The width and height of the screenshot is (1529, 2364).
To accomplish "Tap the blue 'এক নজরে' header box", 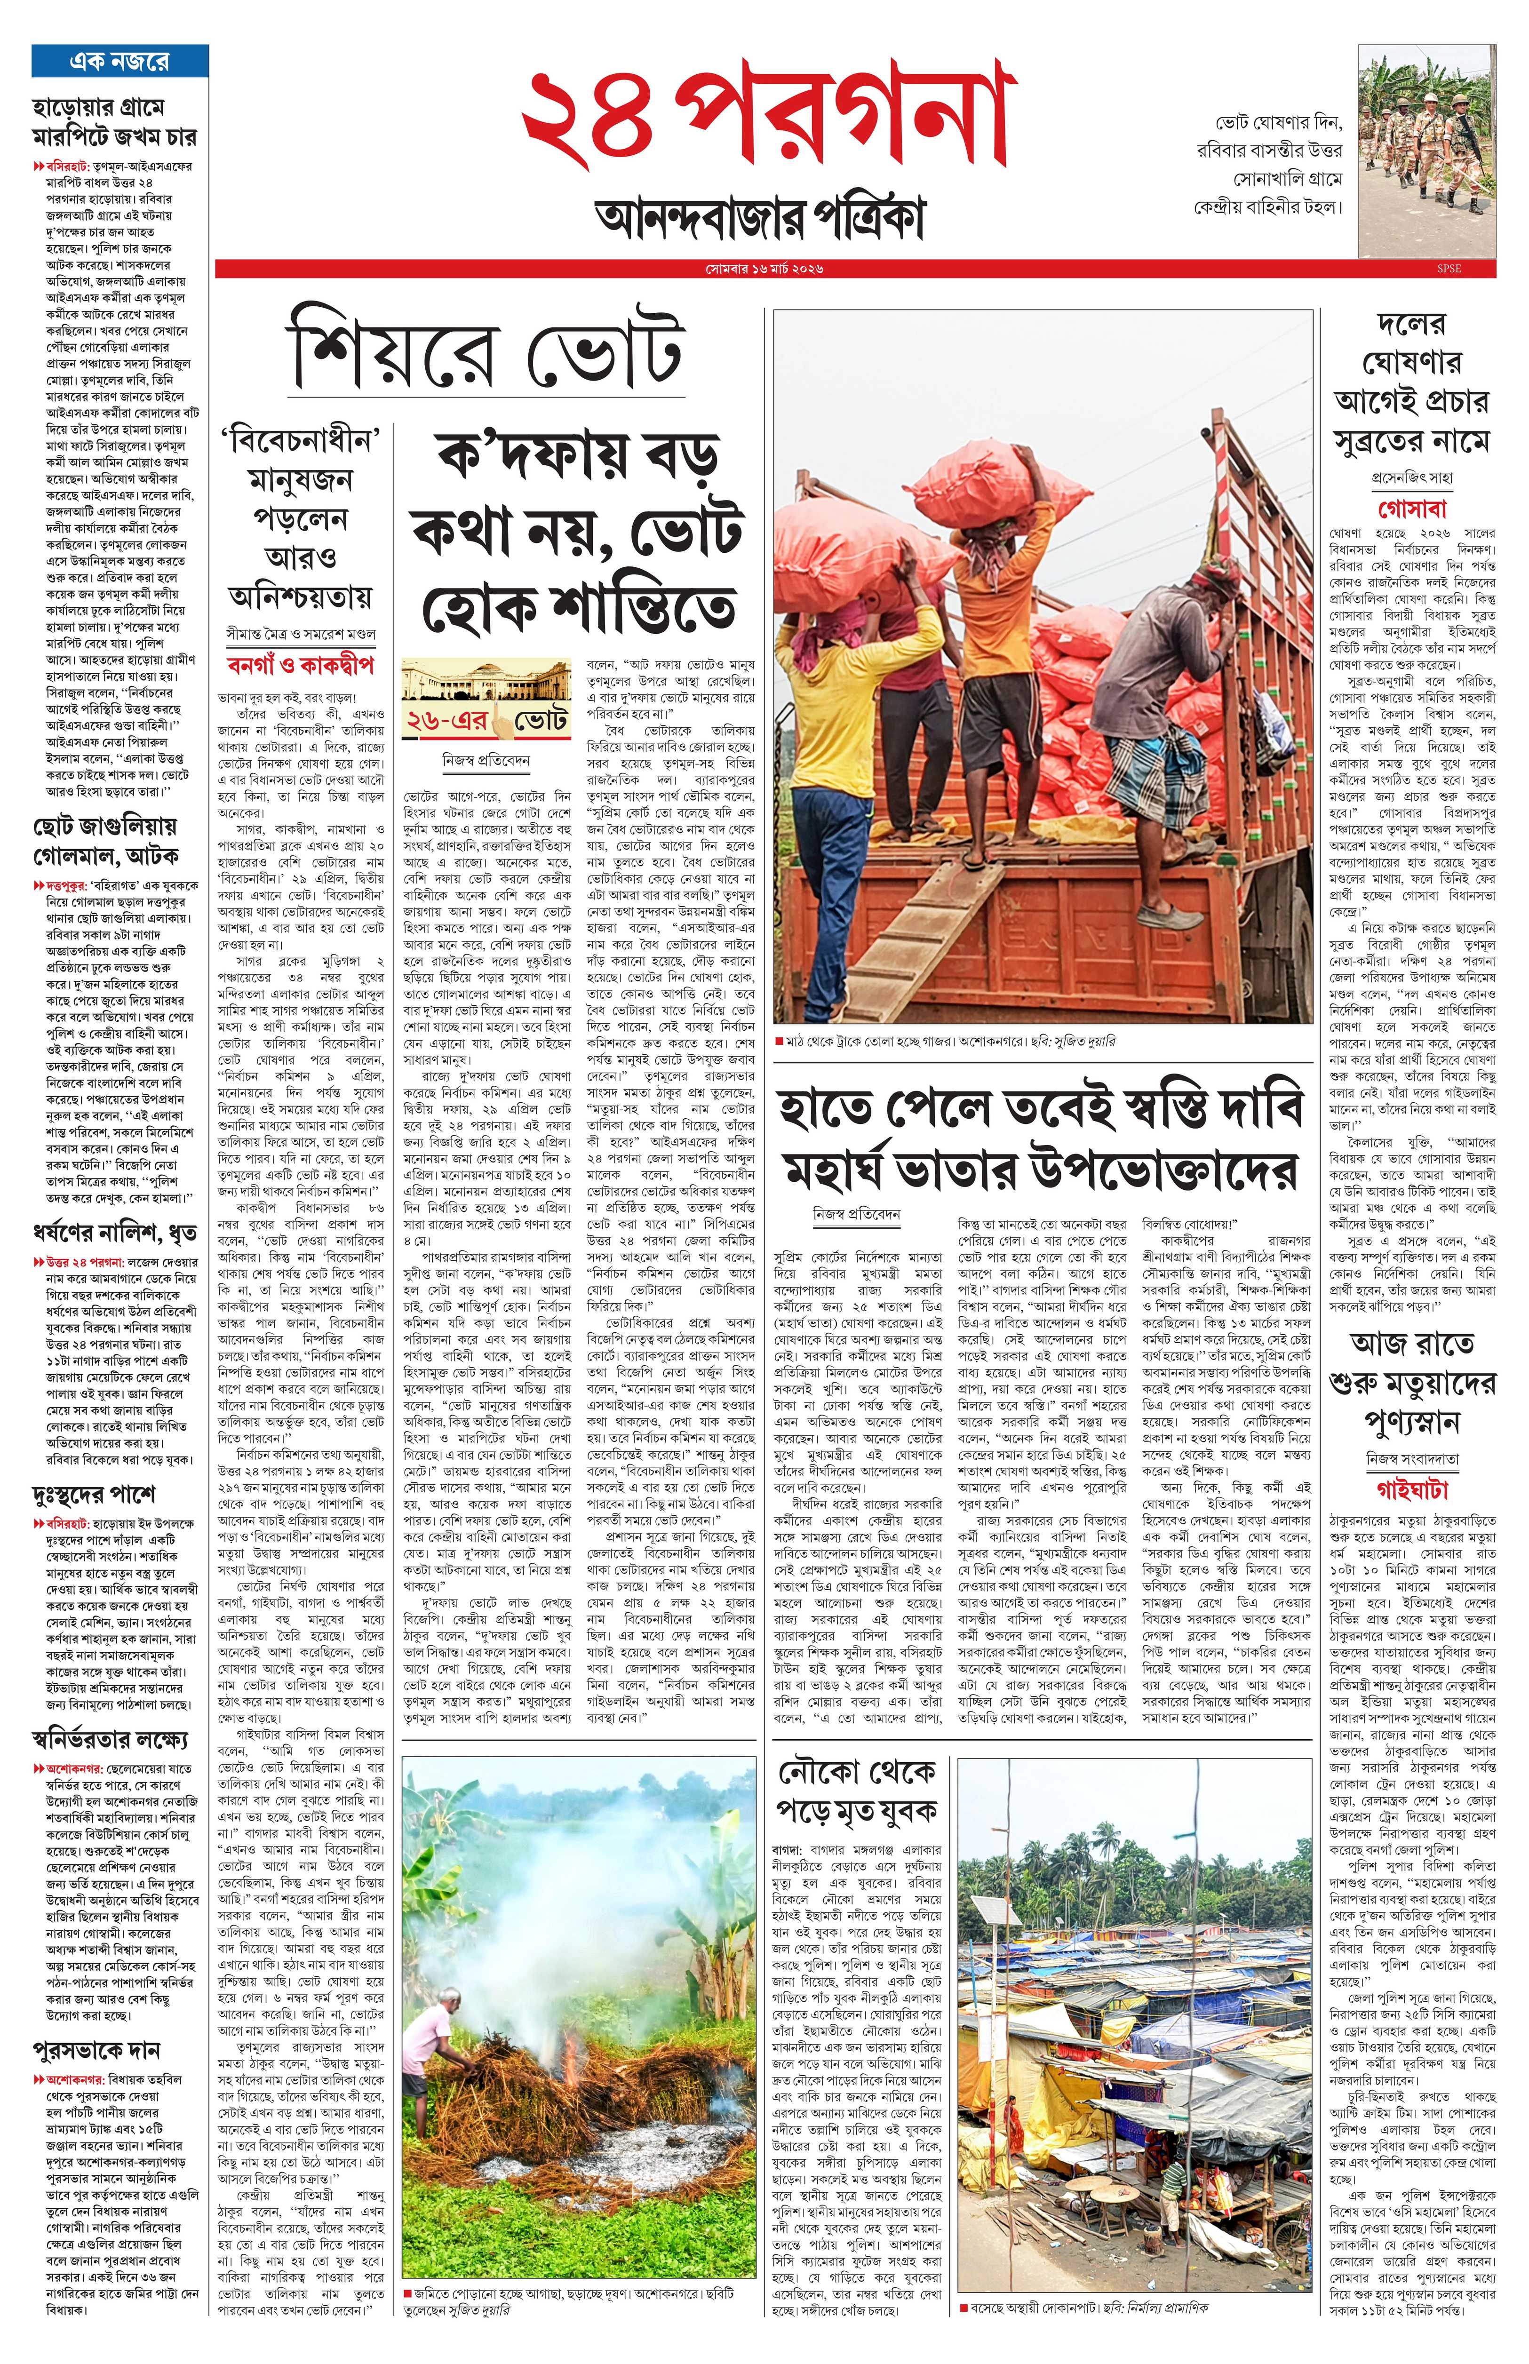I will coord(119,62).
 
